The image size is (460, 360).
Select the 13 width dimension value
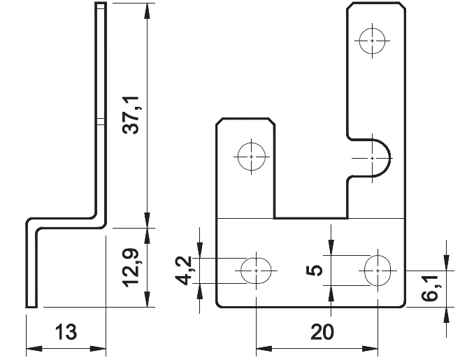[66, 331]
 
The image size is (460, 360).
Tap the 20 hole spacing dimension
[322, 331]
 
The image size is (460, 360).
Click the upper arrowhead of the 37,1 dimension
[148, 10]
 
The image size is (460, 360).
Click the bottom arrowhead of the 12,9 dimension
[148, 301]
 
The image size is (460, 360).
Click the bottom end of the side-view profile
[31, 305]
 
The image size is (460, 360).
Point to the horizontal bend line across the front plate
[311, 219]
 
